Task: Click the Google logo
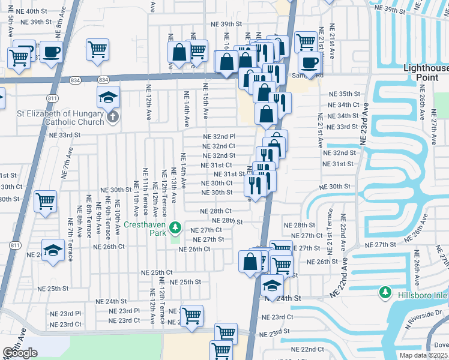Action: [20, 353]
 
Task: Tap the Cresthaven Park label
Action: [146, 227]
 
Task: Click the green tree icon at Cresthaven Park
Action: [175, 227]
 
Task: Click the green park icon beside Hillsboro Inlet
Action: [385, 293]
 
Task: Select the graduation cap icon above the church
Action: [107, 97]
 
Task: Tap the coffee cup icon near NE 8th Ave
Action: [52, 52]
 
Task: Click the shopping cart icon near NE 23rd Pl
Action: [191, 314]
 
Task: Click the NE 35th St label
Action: [343, 95]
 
